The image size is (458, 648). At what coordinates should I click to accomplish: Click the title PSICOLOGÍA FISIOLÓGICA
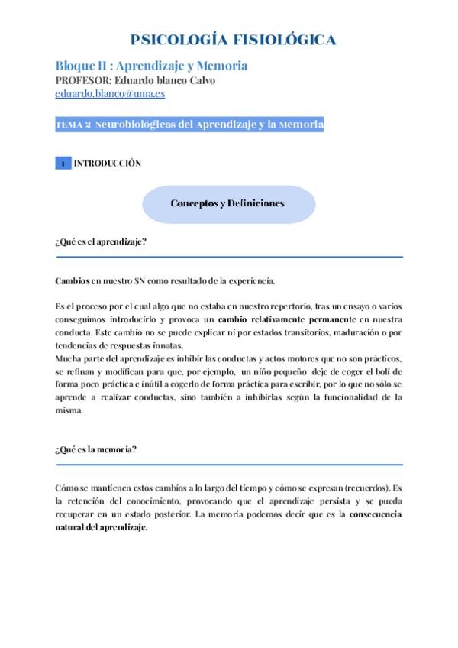233,40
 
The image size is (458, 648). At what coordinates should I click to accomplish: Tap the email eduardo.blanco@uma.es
110,94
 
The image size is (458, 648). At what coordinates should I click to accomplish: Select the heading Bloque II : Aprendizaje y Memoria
151,66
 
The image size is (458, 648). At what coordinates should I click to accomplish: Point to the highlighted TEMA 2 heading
190,124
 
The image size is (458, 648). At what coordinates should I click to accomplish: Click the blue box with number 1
63,164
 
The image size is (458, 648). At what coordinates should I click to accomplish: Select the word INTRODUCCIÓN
108,164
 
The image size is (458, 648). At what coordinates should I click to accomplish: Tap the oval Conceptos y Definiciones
227,203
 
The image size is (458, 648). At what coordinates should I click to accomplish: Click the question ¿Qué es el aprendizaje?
101,242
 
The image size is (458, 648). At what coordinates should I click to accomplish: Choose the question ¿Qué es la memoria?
96,449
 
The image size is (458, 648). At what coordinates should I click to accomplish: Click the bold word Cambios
73,280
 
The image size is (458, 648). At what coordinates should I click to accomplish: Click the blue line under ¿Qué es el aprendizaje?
229,257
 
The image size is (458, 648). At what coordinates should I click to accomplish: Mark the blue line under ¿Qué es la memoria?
229,464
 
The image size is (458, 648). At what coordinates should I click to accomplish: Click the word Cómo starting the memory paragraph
67,488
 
